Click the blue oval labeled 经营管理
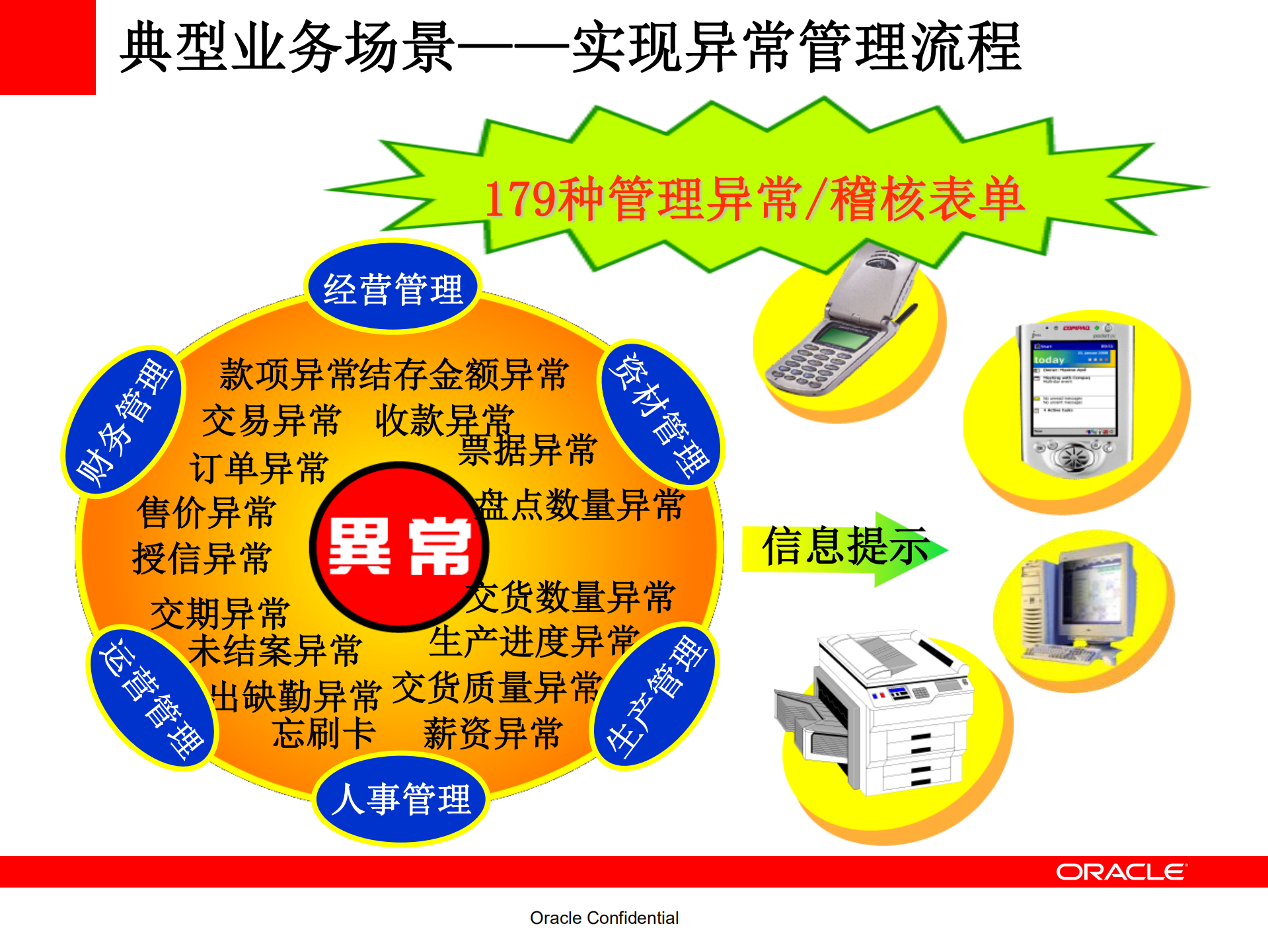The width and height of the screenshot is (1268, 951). pyautogui.click(x=392, y=287)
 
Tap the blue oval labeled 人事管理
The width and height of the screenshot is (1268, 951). pyautogui.click(x=400, y=798)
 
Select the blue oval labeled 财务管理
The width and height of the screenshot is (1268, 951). pyautogui.click(x=124, y=421)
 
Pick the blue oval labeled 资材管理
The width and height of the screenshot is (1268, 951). pyautogui.click(x=661, y=413)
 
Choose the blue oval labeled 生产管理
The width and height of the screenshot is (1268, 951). pyautogui.click(x=655, y=696)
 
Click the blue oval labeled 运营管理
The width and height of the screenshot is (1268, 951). pyautogui.click(x=151, y=698)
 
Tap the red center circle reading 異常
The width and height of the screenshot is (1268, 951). pyautogui.click(x=399, y=546)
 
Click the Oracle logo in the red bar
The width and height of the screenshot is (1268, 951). pyautogui.click(x=1121, y=872)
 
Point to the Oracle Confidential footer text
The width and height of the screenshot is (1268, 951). pyautogui.click(x=604, y=918)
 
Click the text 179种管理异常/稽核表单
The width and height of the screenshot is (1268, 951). pyautogui.click(x=753, y=198)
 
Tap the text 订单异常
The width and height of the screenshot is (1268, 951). pyautogui.click(x=258, y=467)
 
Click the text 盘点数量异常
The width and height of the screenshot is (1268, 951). pyautogui.click(x=580, y=506)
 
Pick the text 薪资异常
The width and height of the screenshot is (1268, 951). pyautogui.click(x=492, y=734)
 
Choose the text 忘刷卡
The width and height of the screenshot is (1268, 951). pyautogui.click(x=324, y=734)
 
